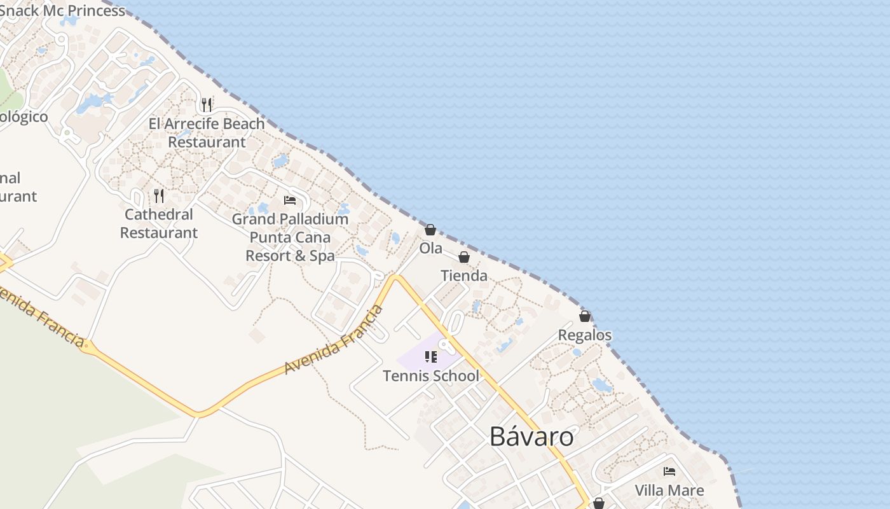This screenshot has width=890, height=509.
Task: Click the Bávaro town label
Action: (x=531, y=437)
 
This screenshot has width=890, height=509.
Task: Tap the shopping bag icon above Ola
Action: (x=430, y=230)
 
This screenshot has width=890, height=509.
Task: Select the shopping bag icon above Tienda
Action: (x=464, y=257)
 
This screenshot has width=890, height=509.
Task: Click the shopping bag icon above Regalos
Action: (x=585, y=316)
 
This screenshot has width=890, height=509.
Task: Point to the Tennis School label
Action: (x=431, y=376)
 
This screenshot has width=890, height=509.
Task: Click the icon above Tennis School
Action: (x=431, y=357)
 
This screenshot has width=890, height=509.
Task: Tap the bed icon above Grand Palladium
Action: (x=290, y=200)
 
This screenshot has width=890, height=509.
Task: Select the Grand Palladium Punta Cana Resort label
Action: (x=290, y=237)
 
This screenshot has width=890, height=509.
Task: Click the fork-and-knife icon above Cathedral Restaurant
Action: (x=159, y=195)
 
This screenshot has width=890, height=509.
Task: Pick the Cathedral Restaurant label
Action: (x=159, y=224)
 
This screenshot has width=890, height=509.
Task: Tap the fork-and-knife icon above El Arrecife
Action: (x=207, y=104)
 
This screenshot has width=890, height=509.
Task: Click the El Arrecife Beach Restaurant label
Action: (x=207, y=133)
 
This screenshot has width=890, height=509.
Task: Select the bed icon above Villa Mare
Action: (x=669, y=471)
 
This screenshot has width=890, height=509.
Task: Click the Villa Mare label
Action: (x=669, y=491)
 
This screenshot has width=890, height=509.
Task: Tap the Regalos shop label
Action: (x=585, y=335)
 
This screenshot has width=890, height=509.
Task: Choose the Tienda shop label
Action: (x=464, y=276)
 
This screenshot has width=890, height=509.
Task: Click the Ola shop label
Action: (x=430, y=249)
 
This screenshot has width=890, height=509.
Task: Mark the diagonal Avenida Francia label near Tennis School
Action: (x=334, y=340)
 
